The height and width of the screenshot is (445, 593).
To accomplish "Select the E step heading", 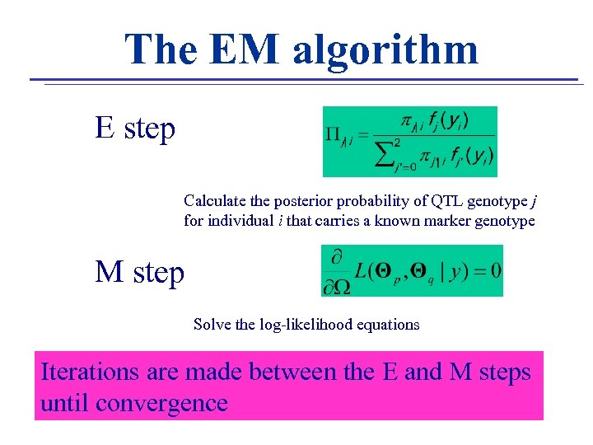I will coord(135,129).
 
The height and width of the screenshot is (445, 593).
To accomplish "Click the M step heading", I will coord(140,271).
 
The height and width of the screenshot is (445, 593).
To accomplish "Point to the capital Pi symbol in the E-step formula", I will coord(334,134).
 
